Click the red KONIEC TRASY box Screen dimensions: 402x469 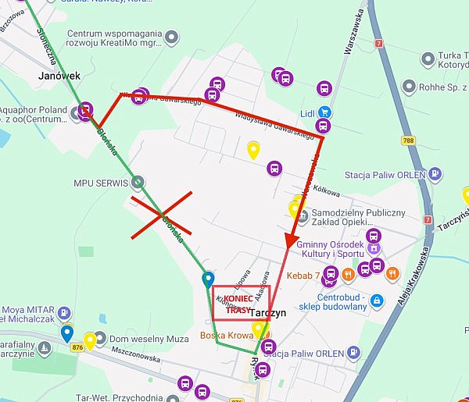241,302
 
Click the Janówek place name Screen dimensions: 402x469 59,76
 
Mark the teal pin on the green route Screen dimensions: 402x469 208,279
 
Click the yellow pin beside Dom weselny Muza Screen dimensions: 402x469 91,340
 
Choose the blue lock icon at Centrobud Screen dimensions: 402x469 377,301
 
